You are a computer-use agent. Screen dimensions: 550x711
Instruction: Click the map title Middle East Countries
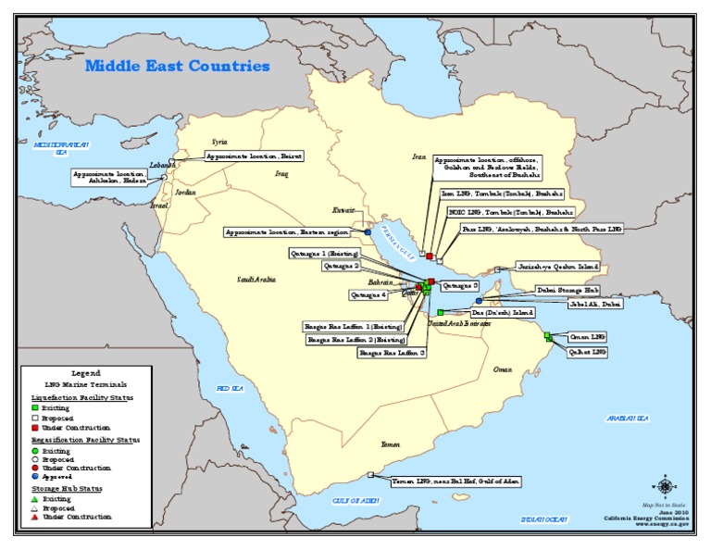[178, 67]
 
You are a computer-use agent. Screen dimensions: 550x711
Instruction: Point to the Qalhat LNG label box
[587, 352]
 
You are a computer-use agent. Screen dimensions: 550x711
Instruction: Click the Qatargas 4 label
[368, 295]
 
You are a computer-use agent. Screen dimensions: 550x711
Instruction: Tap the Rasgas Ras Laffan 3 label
[393, 353]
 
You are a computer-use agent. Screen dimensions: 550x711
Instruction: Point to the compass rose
[665, 485]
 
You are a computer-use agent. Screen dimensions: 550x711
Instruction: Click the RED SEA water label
[230, 389]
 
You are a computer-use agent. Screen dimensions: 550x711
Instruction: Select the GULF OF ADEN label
[355, 500]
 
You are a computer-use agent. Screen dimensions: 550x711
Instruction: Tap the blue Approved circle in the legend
[34, 476]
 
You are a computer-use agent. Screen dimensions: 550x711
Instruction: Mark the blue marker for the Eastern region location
[368, 232]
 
